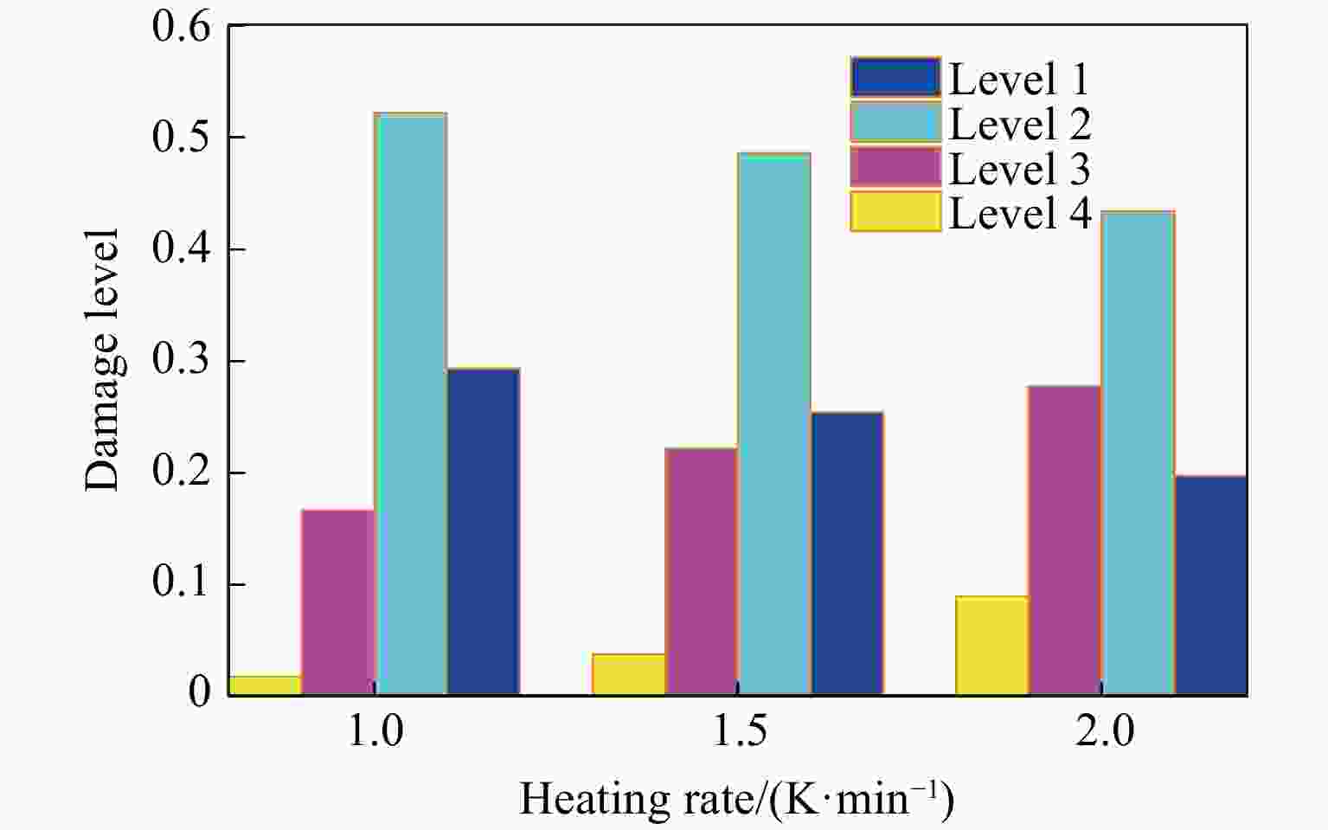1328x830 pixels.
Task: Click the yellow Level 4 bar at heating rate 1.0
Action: point(265,685)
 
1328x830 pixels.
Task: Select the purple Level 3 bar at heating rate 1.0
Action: point(337,602)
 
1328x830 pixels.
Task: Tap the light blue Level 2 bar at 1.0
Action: point(411,403)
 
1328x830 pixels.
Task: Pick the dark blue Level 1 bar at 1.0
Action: point(483,531)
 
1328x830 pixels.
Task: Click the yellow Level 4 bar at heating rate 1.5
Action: point(629,674)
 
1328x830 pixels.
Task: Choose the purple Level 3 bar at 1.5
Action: point(701,571)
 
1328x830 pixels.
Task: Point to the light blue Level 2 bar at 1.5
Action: point(773,424)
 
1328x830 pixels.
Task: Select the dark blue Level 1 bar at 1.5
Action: point(847,553)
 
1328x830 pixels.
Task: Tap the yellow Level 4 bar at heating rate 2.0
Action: point(991,646)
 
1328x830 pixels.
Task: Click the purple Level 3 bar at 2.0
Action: point(1064,540)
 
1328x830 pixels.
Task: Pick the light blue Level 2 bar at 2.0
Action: point(1138,453)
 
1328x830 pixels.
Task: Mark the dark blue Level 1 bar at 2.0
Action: point(1210,585)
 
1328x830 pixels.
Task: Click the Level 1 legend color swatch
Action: point(895,77)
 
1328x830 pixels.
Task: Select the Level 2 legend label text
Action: point(1019,123)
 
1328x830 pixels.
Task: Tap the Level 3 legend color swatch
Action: point(895,167)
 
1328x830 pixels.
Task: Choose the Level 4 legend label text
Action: point(1019,213)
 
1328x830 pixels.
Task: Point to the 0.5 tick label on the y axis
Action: point(181,138)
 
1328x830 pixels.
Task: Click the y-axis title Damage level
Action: point(101,360)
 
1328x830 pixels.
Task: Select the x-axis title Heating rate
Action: point(736,799)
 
